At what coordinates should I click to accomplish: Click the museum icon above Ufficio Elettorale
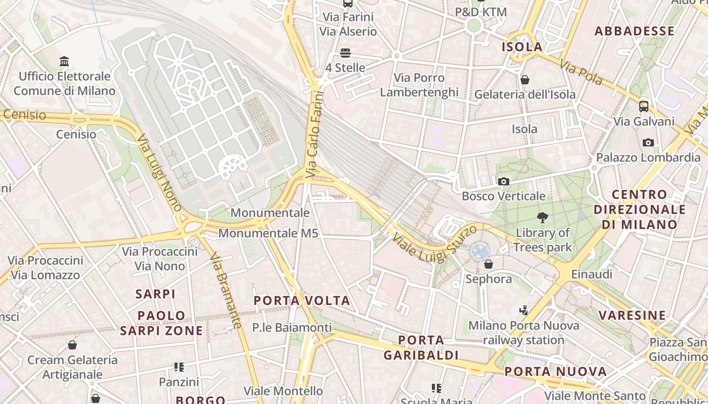click(x=64, y=62)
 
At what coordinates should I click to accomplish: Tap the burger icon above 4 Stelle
click(x=346, y=53)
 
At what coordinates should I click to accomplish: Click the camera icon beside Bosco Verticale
click(x=503, y=182)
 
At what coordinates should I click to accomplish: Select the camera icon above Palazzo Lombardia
click(x=648, y=143)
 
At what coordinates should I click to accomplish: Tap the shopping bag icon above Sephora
click(x=489, y=264)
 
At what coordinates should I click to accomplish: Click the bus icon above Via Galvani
click(x=644, y=107)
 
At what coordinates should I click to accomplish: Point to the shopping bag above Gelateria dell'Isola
click(x=525, y=80)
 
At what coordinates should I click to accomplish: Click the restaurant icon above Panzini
click(x=179, y=367)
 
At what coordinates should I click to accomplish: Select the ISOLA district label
click(x=522, y=47)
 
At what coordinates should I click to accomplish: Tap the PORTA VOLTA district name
click(x=302, y=301)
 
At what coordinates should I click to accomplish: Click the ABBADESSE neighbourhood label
click(x=634, y=31)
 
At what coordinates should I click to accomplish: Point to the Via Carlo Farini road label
click(x=314, y=134)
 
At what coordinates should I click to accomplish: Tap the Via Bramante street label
click(x=226, y=290)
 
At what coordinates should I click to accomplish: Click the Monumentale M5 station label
click(x=268, y=233)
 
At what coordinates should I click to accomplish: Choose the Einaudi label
click(x=591, y=274)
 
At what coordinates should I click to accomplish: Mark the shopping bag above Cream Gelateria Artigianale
click(x=72, y=345)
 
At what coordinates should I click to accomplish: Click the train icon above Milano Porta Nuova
click(x=524, y=310)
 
